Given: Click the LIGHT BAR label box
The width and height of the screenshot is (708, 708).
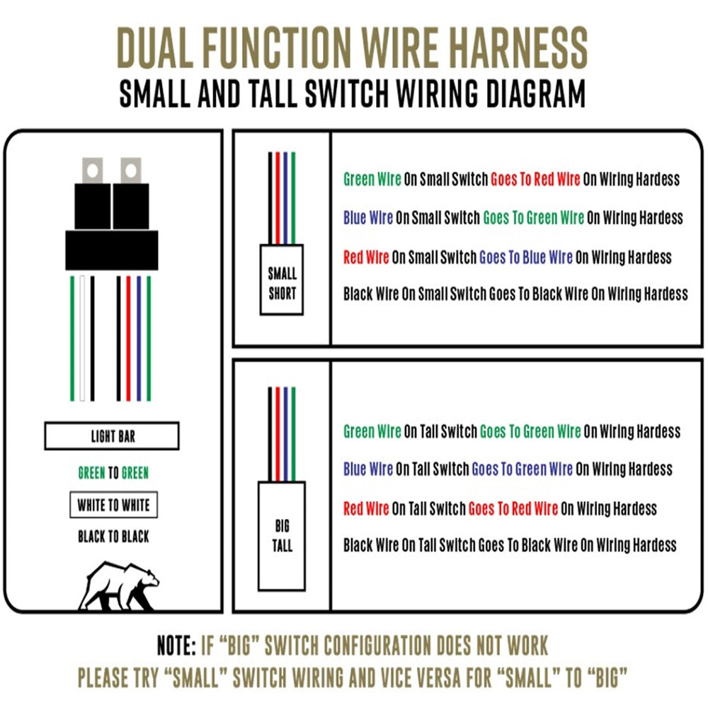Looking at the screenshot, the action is tap(112, 435).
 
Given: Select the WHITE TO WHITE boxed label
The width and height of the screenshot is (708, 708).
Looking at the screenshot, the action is tap(114, 504).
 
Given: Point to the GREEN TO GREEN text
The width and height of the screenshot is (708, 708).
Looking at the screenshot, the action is tap(113, 473).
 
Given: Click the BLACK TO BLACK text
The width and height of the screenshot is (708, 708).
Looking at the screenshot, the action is tap(113, 537).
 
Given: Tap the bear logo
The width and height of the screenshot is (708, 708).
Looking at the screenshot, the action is tap(119, 586).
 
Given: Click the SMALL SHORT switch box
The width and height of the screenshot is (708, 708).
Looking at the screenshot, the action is tap(282, 280).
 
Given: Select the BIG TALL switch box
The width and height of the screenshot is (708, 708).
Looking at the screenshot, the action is tap(282, 536).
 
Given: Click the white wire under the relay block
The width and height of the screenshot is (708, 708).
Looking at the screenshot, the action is tap(82, 338).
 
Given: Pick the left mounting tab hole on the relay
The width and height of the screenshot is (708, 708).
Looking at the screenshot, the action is tap(93, 171).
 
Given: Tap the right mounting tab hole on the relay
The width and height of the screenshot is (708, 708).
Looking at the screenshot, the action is tap(131, 171).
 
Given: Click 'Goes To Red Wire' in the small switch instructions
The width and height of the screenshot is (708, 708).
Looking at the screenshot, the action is tap(535, 179).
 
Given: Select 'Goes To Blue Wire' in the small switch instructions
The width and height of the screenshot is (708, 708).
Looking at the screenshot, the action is tap(525, 258).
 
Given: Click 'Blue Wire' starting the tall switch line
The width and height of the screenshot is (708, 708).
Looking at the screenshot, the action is tap(368, 469).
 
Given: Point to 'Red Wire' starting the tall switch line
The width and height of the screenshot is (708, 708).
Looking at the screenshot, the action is tap(366, 509).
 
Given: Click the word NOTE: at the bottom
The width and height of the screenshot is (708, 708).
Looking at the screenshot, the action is tap(176, 645).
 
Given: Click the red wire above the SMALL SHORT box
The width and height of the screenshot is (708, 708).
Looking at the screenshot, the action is tap(278, 198).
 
